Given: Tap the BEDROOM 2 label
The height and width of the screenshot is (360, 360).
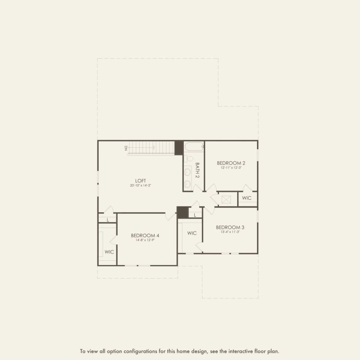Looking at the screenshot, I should tap(231, 163).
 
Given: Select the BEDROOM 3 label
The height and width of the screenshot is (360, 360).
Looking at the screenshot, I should tap(230, 227).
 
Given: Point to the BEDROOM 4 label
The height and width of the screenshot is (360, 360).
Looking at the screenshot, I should tap(145, 235).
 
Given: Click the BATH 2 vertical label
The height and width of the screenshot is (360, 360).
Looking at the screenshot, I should tap(197, 170).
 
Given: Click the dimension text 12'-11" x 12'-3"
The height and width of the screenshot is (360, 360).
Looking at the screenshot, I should tap(231, 168).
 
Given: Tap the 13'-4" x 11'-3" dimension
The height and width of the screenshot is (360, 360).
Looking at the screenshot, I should tap(230, 232).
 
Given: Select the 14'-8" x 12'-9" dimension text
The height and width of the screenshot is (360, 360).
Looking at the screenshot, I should tap(145, 240).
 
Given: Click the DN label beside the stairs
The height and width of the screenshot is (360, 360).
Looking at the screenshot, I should tap(126, 148).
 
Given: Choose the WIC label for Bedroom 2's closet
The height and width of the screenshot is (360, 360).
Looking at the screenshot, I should tap(247, 198).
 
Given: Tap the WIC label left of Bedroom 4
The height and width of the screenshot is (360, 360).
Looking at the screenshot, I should tap(109, 251).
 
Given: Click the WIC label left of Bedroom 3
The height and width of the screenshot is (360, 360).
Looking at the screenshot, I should tap(192, 233).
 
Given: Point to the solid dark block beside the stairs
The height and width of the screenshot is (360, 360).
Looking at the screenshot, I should tap(178, 147).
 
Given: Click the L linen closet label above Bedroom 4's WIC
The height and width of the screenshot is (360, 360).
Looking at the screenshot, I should tap(108, 220).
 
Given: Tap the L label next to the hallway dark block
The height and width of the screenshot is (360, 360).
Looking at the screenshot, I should tap(195, 215).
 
